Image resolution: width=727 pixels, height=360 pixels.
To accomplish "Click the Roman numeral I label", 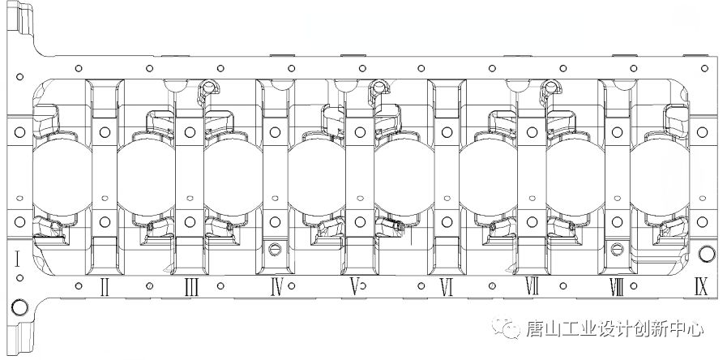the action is click(17, 259).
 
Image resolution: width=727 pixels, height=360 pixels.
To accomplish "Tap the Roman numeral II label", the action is click(105, 288).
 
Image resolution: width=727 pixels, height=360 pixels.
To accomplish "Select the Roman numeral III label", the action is click(191, 288).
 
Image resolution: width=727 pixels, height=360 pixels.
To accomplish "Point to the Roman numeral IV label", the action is click(276, 288).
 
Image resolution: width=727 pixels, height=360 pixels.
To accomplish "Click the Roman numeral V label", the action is click(354, 288).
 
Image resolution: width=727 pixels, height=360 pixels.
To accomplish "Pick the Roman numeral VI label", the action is click(446, 288).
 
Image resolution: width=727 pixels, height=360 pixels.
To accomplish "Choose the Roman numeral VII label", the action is click(532, 286).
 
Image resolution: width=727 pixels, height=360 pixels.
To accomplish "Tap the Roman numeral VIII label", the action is click(617, 288).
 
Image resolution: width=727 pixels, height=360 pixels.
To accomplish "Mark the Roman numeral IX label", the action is click(701, 287).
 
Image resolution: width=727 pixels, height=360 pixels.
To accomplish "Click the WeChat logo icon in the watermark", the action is click(506, 328).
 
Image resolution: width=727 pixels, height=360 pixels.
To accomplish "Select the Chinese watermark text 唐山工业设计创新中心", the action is click(614, 329).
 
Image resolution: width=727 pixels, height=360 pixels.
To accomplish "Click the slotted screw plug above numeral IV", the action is click(275, 249).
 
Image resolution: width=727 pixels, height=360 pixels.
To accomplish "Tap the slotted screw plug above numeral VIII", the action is click(617, 249).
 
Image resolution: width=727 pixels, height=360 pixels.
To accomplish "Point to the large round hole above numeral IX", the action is click(707, 254).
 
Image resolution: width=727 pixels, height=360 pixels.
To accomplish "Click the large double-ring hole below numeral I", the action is click(19, 307).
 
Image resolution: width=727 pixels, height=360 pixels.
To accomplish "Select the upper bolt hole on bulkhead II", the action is click(105, 132).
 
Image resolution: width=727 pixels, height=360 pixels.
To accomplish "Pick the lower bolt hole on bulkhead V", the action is click(360, 221).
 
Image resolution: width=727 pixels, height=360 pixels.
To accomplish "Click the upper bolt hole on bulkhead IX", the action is click(702, 132).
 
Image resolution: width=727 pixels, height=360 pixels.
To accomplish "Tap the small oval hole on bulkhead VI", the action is click(447, 198).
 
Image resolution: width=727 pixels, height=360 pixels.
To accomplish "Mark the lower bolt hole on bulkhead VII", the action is click(532, 221).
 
